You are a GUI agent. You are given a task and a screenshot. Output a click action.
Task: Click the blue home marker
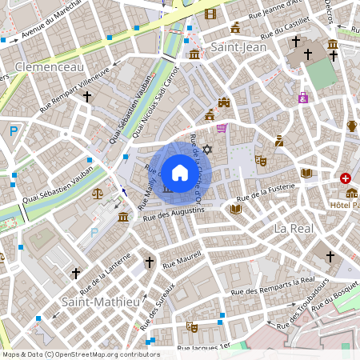179,171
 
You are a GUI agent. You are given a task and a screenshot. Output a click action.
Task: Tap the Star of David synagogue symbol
207,150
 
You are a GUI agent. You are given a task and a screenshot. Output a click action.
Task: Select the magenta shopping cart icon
222,127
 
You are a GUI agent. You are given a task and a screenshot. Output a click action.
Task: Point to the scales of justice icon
98,193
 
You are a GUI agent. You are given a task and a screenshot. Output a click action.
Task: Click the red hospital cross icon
346,178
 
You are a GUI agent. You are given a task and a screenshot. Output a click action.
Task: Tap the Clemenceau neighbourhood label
50,67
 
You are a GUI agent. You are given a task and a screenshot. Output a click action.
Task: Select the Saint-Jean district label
238,48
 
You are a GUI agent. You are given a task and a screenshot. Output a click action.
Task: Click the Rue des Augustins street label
174,213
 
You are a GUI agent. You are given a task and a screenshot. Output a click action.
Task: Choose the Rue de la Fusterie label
267,190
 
